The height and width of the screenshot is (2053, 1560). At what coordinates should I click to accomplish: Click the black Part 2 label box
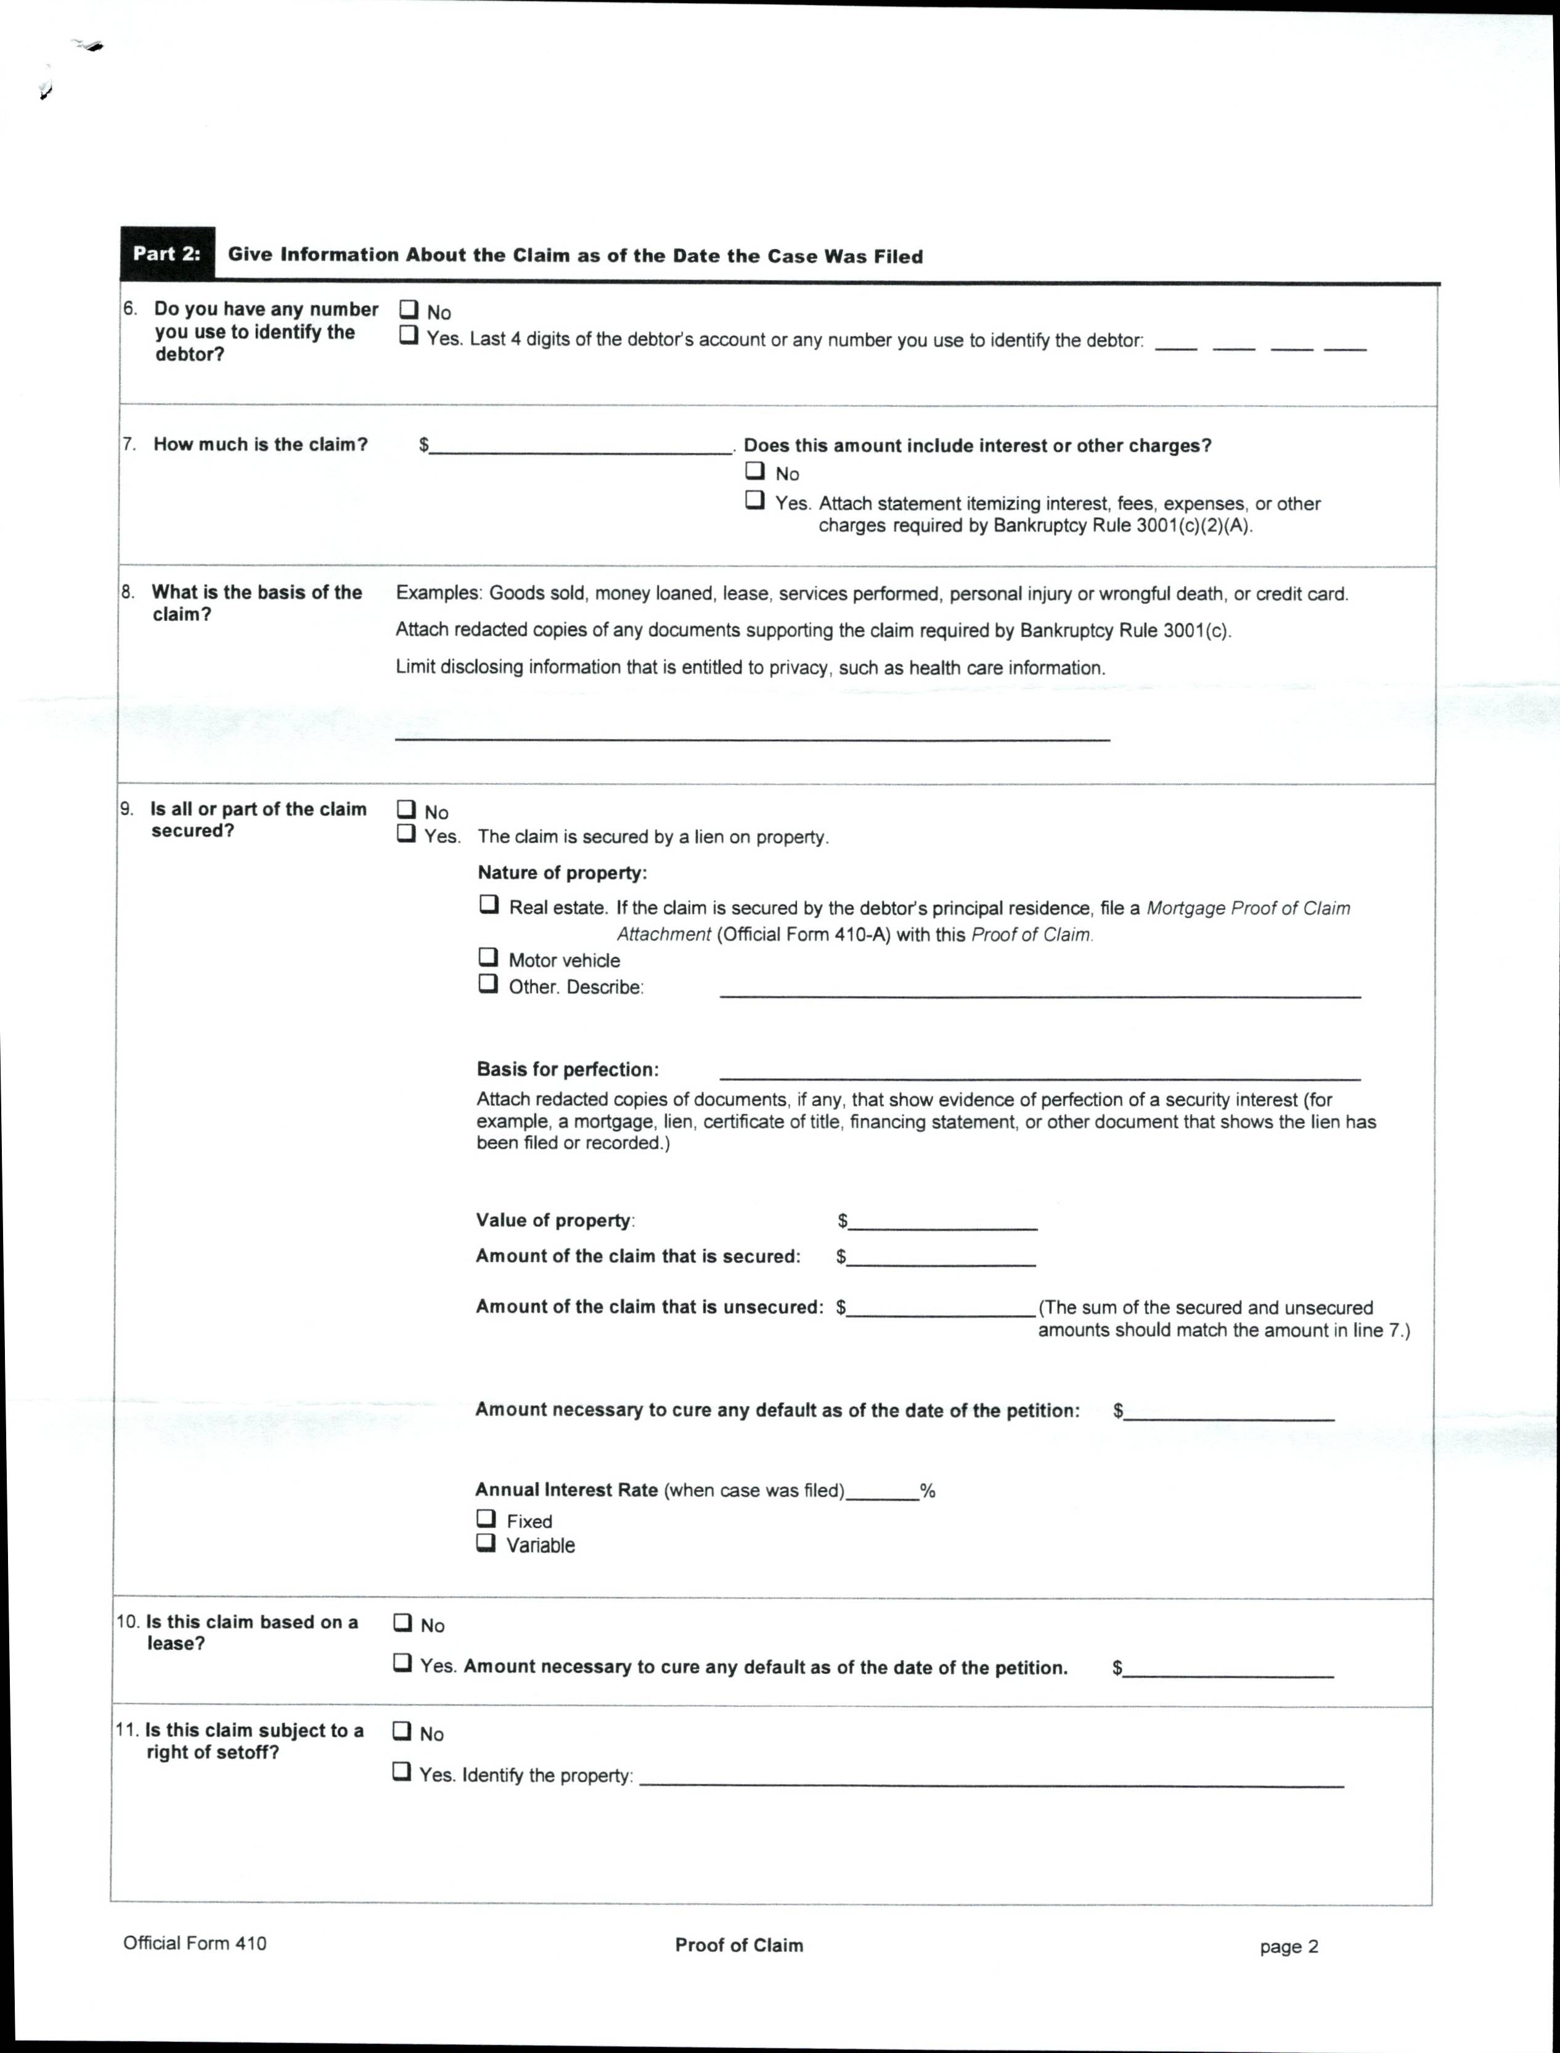point(167,253)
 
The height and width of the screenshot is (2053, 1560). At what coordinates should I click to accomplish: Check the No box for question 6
point(409,310)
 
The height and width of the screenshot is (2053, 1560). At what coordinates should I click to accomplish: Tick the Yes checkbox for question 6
point(409,336)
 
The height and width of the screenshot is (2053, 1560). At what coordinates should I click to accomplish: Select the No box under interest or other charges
point(755,471)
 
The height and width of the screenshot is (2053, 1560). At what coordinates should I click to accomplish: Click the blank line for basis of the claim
point(752,731)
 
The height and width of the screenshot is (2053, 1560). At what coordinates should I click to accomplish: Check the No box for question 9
point(406,809)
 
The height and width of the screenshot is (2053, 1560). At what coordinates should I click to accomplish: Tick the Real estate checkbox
point(488,904)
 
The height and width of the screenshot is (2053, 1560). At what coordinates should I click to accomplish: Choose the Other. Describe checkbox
point(488,983)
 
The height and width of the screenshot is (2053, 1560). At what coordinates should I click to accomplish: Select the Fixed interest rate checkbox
point(486,1518)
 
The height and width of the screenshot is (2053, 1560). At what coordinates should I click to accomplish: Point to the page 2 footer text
point(1288,1946)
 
